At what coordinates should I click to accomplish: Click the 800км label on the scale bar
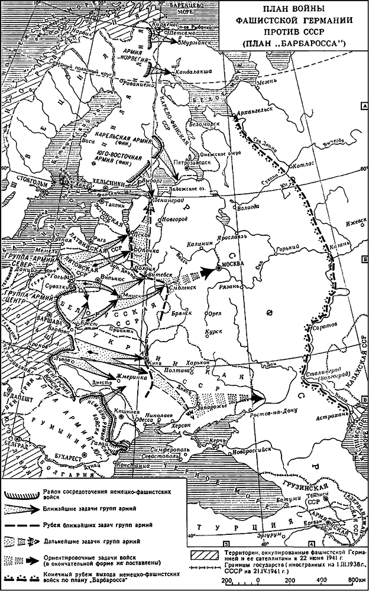[x=354, y=580]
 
